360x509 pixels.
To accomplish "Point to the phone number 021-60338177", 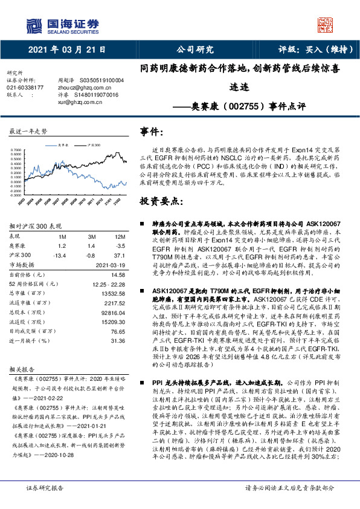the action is pos(25,88).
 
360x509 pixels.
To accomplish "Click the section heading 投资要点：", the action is pos(161,201).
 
